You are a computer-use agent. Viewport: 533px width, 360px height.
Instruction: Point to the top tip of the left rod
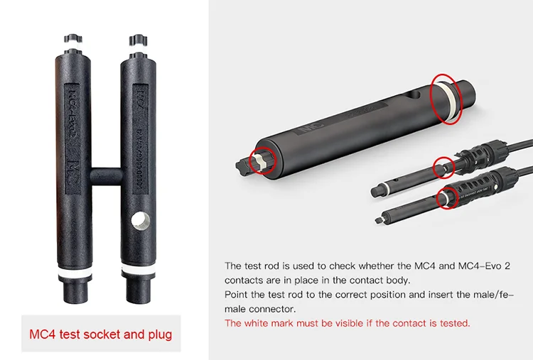pyautogui.click(x=74, y=38)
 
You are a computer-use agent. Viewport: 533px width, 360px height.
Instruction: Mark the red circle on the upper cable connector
pyautogui.click(x=443, y=168)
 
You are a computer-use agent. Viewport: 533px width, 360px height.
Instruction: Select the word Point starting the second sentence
pyautogui.click(x=237, y=294)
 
